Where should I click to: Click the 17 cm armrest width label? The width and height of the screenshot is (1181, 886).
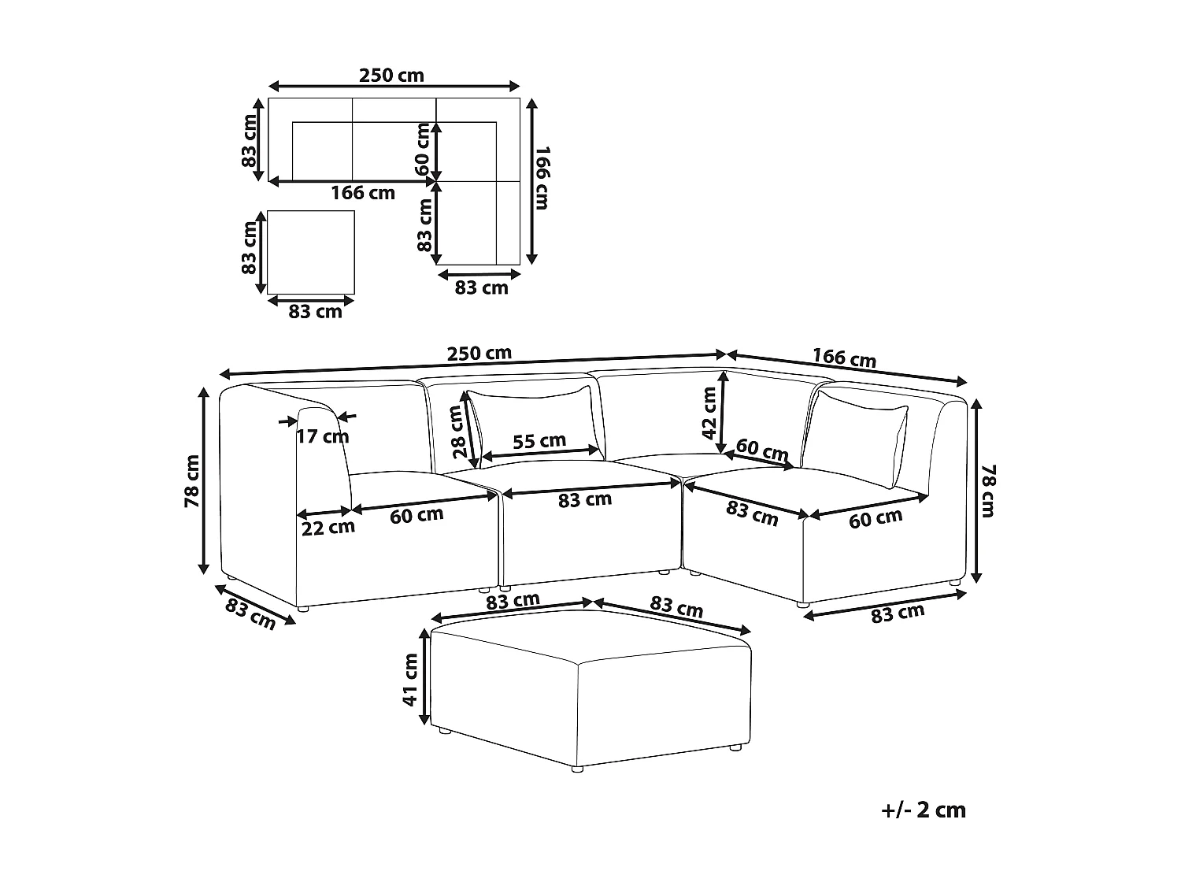coord(323,436)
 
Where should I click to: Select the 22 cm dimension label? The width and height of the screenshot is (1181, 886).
coord(328,528)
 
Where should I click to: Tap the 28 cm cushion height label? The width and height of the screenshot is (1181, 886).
coord(459,432)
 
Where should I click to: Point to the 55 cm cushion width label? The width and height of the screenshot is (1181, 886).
coord(539,441)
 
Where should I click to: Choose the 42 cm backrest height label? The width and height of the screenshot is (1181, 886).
coord(709,414)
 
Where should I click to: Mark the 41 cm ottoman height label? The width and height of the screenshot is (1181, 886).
coord(410,679)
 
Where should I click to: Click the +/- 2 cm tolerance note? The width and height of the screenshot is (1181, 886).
coord(924,810)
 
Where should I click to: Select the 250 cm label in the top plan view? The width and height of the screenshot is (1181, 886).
coord(391,76)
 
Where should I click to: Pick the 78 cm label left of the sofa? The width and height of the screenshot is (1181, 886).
coord(192,481)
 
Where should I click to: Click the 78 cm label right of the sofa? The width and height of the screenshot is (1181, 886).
coord(988,491)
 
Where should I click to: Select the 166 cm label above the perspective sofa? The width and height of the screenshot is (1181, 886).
coord(844,358)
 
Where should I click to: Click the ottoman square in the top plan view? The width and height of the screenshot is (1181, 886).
coord(311,252)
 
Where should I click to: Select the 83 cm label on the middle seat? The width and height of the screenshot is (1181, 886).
coord(585,499)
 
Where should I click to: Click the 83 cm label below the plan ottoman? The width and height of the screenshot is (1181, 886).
coord(315,312)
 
